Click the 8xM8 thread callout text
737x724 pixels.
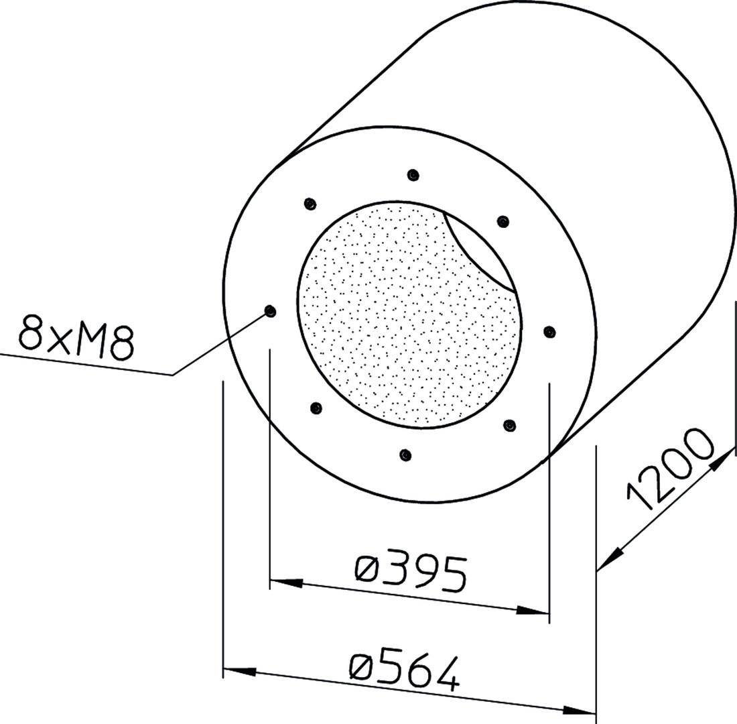coord(76,335)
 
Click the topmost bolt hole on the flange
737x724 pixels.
coord(413,175)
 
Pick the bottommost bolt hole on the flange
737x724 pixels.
coord(405,455)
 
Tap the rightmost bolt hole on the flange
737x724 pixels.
coord(549,332)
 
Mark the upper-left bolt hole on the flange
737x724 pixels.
coord(310,204)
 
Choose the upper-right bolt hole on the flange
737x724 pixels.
coord(503,221)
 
